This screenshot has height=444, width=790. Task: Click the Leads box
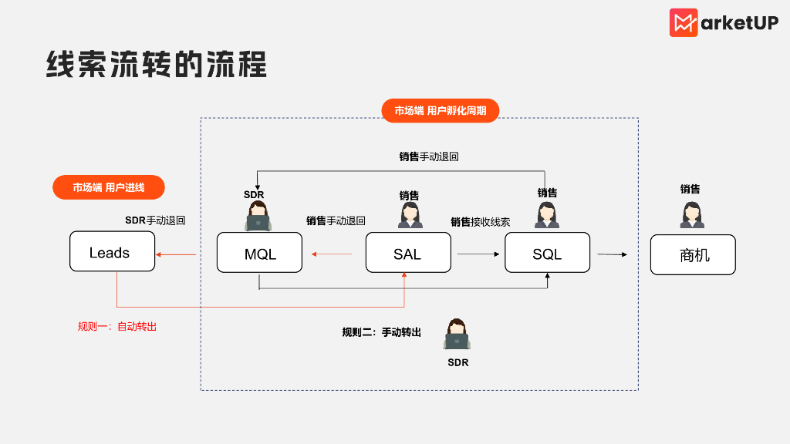(112, 251)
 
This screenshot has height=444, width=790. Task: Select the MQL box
(259, 253)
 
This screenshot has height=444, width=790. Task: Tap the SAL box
(407, 253)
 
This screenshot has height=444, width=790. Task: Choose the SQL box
(547, 253)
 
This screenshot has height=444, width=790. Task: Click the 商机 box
(693, 254)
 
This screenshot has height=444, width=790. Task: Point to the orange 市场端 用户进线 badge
(109, 187)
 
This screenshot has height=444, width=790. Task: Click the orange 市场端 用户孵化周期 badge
(441, 110)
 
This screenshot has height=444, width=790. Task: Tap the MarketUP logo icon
(684, 22)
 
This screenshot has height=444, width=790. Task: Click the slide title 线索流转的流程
(157, 66)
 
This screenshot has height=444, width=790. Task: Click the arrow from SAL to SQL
(476, 254)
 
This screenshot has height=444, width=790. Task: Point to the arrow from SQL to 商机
(611, 254)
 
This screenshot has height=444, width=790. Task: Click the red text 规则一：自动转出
(117, 326)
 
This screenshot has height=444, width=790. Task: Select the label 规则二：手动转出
(382, 332)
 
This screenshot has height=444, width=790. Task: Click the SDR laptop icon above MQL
(258, 217)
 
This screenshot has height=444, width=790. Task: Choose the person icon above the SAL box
(410, 215)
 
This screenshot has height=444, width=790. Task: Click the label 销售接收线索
(481, 222)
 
